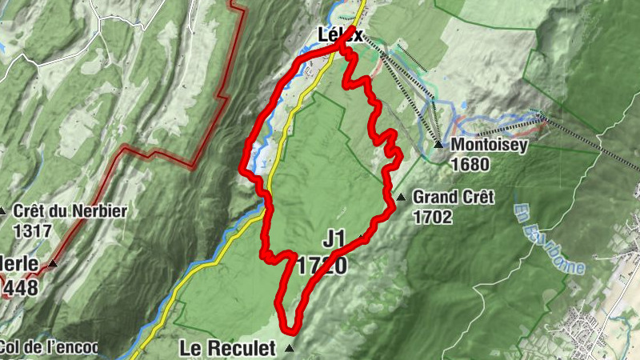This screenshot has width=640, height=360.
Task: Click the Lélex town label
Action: [x=340, y=35]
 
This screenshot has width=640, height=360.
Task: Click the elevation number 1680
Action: [x=469, y=164]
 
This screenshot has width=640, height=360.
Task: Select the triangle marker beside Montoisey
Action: [x=438, y=145]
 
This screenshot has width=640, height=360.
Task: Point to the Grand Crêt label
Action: [x=453, y=197]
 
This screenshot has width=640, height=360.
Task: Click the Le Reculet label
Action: [x=226, y=348]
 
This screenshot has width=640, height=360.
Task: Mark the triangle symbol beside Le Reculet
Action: [x=290, y=349]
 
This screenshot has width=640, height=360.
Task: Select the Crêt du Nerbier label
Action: [x=70, y=212]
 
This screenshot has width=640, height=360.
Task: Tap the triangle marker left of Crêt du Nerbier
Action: [x=3, y=212]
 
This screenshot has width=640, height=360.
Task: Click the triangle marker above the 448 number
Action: [x=53, y=263]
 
